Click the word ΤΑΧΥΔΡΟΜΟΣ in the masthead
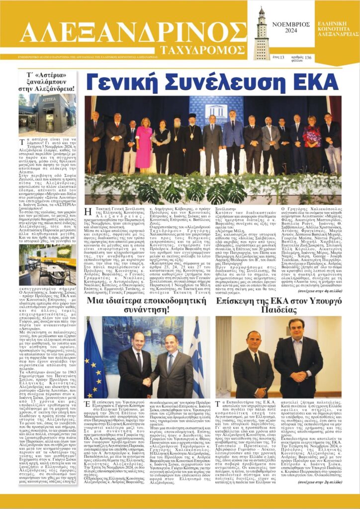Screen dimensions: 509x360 point(201,50)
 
